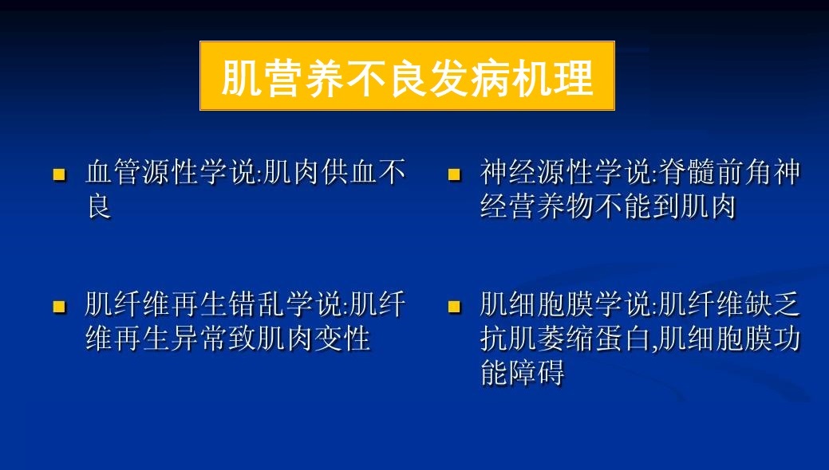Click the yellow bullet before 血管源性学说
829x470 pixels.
(60, 174)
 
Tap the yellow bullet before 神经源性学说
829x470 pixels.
(455, 174)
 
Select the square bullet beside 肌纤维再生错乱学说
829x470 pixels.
(60, 307)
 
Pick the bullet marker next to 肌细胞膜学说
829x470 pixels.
(455, 307)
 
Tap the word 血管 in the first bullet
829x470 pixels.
(113, 172)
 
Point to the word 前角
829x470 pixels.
(745, 172)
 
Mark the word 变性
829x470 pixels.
(341, 338)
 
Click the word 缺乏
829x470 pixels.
(773, 304)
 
